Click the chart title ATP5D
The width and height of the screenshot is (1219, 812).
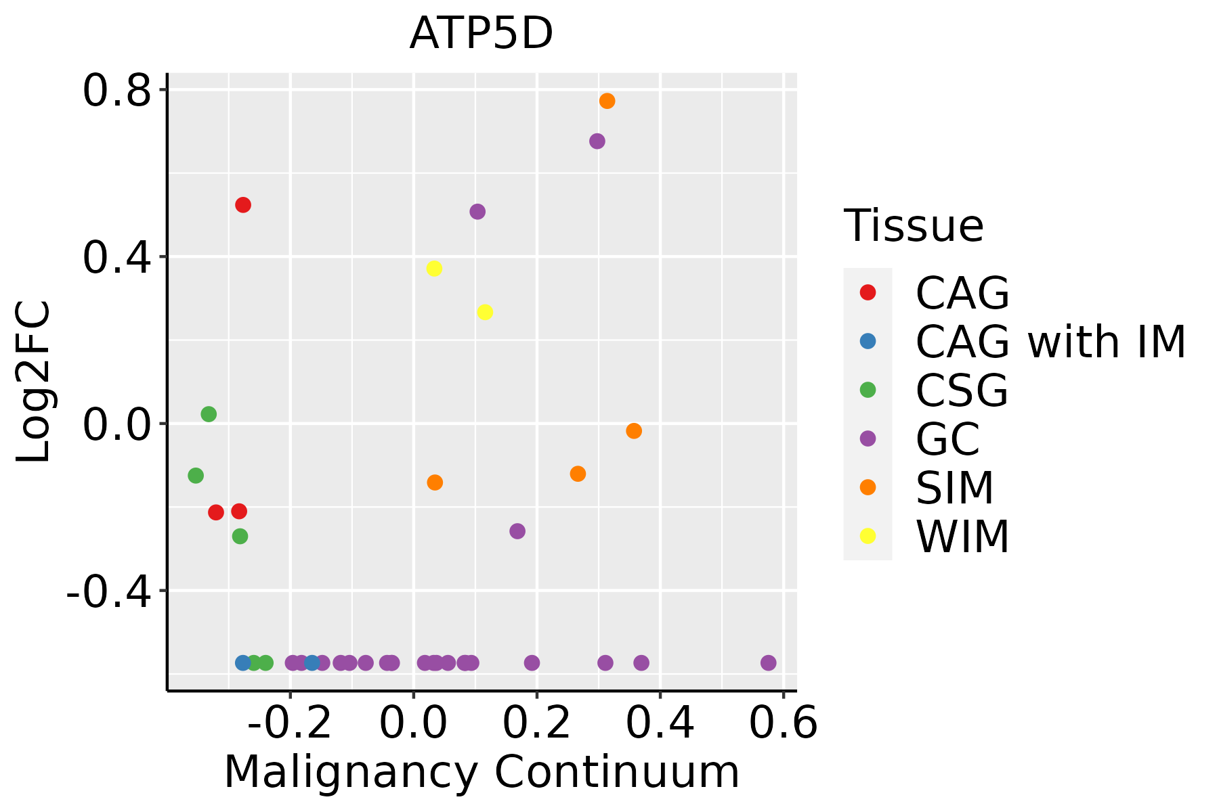pos(482,34)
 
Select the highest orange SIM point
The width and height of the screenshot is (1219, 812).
pos(607,101)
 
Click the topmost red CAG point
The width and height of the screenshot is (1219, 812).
pos(243,205)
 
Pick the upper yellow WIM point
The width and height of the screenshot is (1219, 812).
pos(434,269)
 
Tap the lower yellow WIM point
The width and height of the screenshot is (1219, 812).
pos(485,313)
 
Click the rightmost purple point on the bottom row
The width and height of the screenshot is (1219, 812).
pos(768,662)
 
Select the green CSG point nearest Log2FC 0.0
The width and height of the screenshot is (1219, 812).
pos(209,414)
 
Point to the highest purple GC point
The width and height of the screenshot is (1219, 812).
pos(597,141)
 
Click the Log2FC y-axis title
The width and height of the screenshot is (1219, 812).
pos(34,382)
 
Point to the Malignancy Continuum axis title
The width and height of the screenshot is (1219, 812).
pos(482,772)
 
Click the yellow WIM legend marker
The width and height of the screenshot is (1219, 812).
pos(868,536)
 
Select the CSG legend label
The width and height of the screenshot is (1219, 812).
pos(962,390)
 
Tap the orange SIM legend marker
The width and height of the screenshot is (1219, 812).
pos(868,487)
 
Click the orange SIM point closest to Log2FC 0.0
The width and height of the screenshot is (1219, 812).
pos(634,431)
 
